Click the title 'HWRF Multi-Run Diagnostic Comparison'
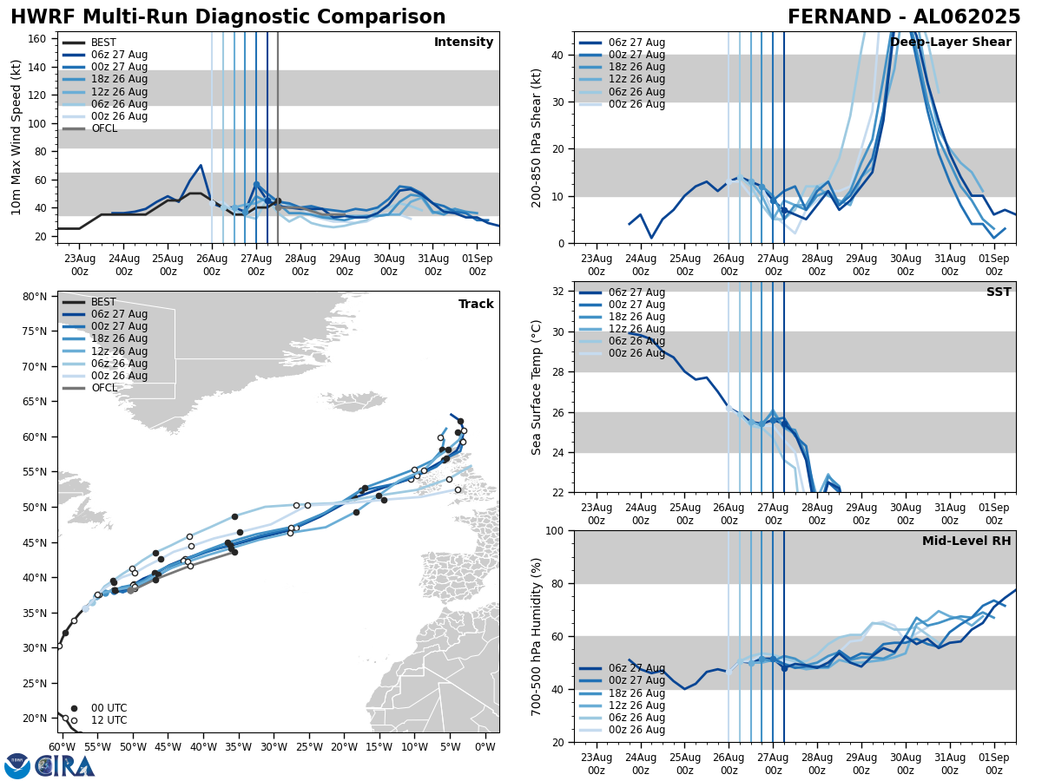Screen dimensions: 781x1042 pos(228,17)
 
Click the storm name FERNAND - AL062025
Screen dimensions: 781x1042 pos(903,17)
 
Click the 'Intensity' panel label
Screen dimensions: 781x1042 pos(464,43)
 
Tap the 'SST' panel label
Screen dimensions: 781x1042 pos(999,292)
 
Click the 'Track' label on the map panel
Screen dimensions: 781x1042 pos(476,305)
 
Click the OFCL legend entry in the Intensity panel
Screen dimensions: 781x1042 pos(104,128)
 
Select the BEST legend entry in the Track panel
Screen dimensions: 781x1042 pos(103,302)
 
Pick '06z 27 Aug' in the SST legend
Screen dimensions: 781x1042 pos(636,292)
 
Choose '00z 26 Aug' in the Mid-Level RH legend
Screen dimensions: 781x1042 pos(636,730)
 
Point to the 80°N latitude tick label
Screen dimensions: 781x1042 pos(35,297)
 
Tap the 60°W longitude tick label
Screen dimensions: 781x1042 pos(60,746)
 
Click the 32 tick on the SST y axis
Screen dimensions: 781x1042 pos(559,292)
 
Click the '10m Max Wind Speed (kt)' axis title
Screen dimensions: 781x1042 pos(16,137)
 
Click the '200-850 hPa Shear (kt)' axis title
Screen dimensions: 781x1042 pos(537,137)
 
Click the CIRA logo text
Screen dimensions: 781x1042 pos(66,766)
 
